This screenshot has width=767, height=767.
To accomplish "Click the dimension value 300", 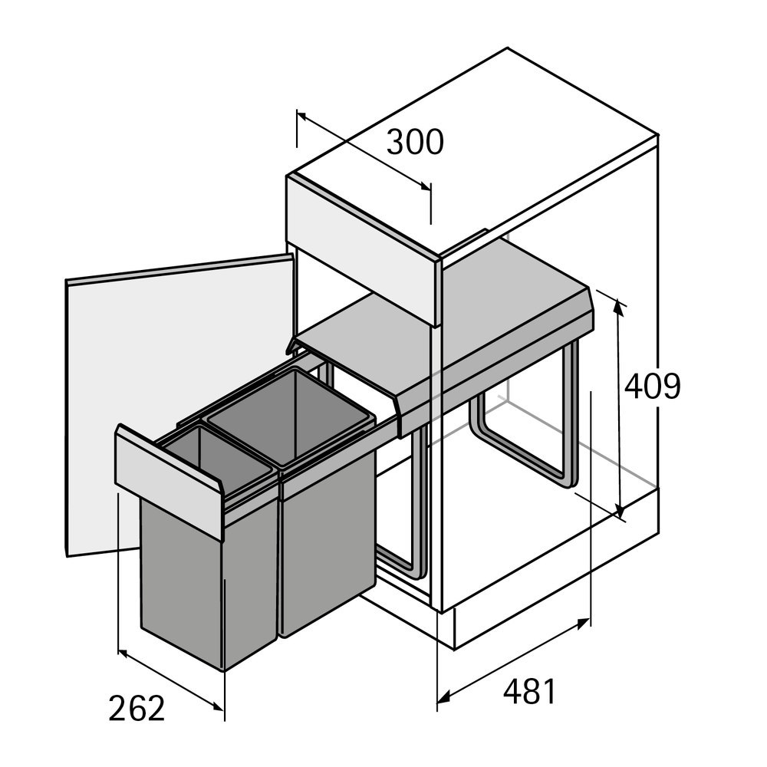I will [x=414, y=143].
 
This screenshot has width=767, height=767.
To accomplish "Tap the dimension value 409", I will [x=652, y=386].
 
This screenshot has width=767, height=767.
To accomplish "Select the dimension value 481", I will [x=529, y=692].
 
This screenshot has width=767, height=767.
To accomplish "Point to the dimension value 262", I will [x=137, y=709].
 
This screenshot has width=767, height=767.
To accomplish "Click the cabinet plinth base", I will [x=552, y=583].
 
